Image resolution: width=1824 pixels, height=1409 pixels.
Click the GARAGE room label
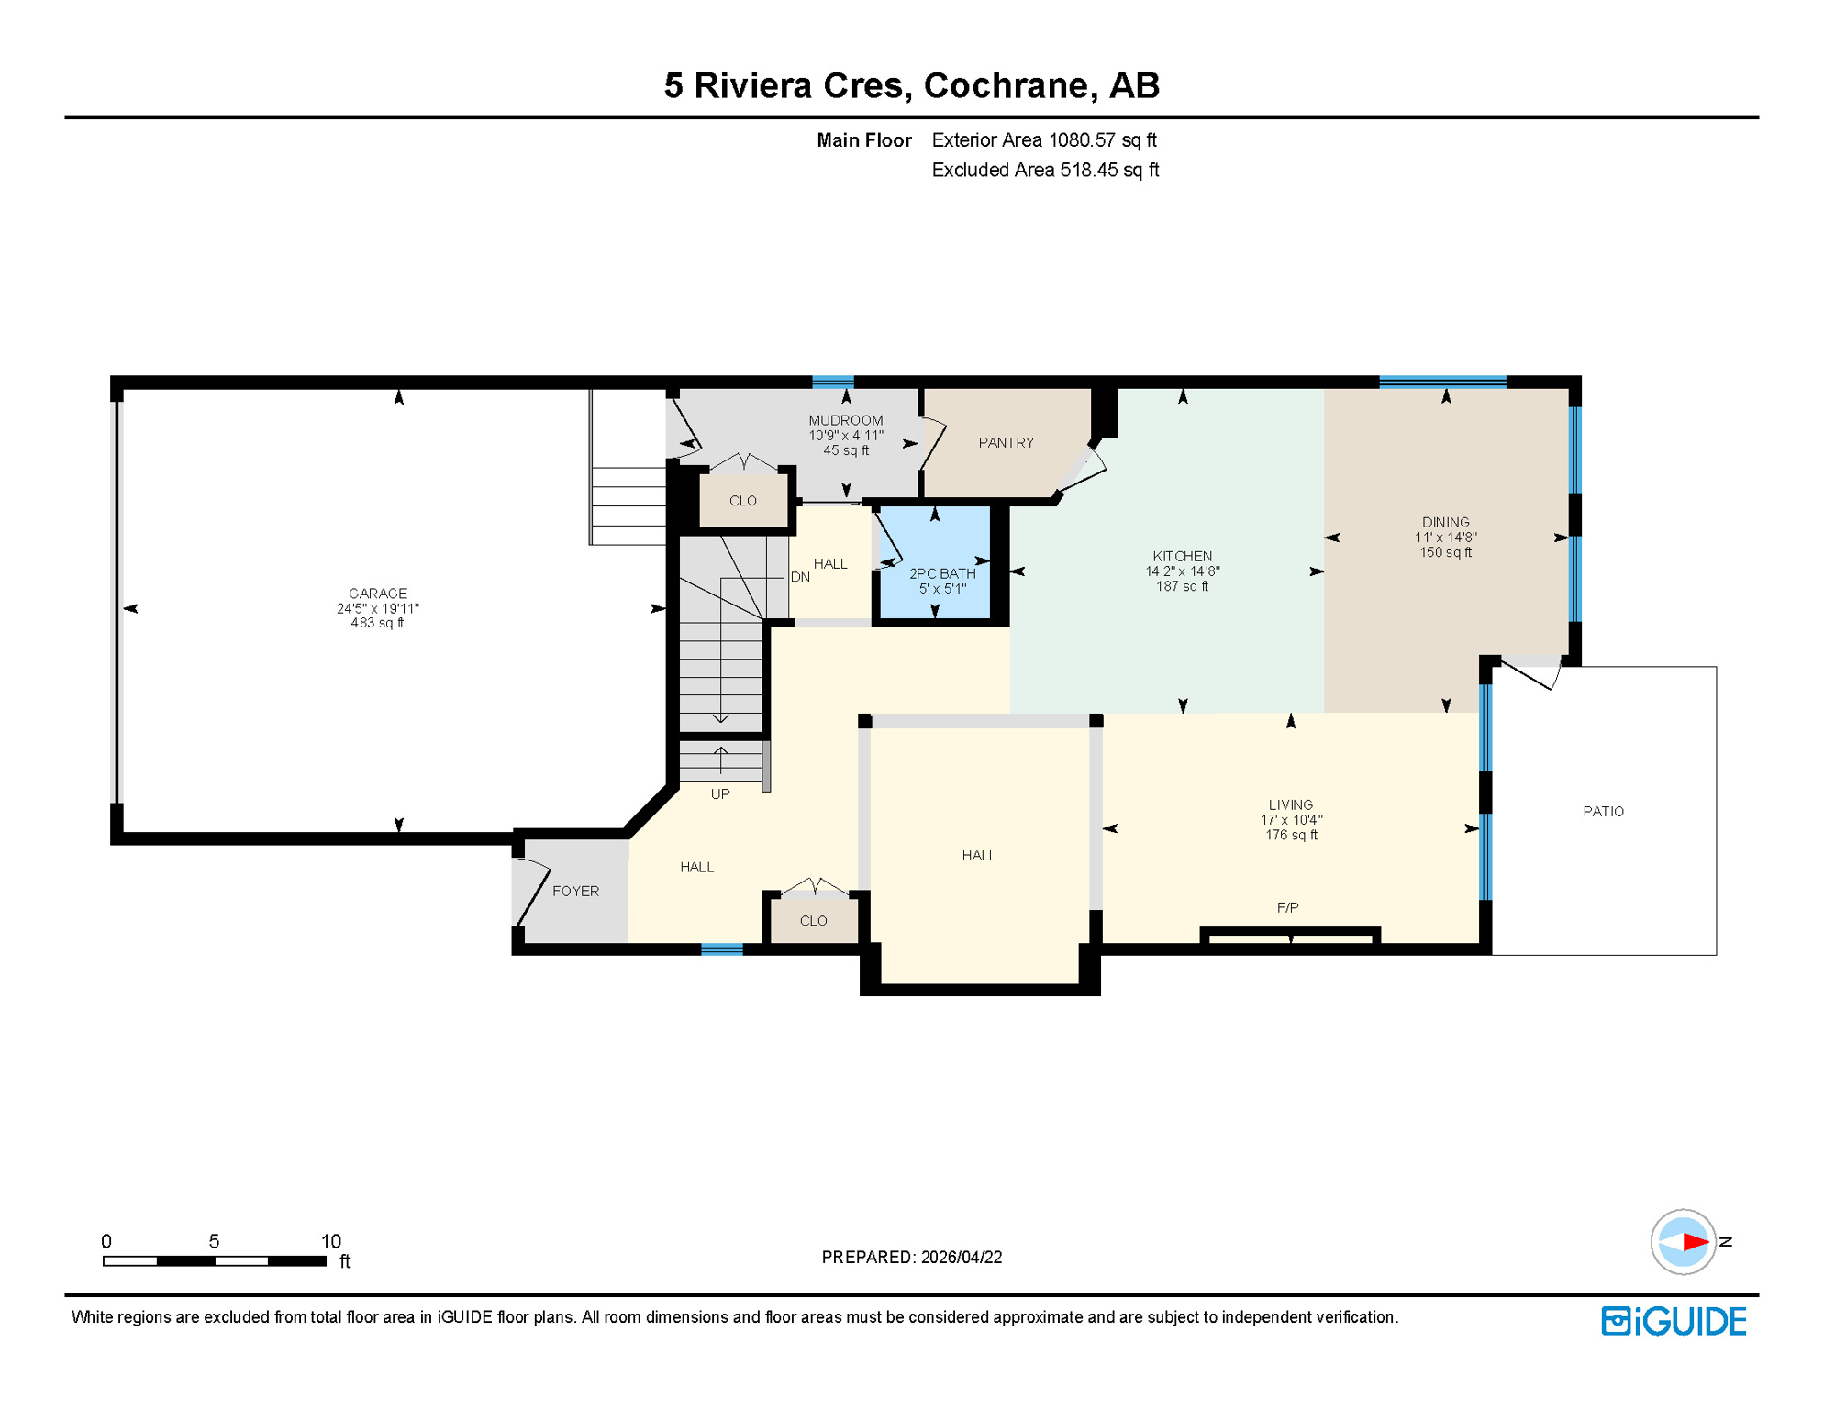(x=377, y=594)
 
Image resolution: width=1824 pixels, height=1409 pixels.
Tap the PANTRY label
(x=1006, y=443)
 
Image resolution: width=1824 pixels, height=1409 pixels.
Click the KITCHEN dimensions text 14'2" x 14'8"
(x=1182, y=571)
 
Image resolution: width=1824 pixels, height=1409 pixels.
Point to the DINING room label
(x=1445, y=522)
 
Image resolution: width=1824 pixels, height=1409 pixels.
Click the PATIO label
(x=1603, y=812)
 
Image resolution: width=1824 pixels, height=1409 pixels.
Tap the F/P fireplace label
(x=1287, y=908)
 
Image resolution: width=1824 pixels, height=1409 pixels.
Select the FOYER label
(x=575, y=892)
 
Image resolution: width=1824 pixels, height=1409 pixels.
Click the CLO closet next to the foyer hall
(x=813, y=921)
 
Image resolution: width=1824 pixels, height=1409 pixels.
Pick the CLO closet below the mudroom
(x=742, y=501)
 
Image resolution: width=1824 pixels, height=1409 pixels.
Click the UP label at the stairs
(x=720, y=794)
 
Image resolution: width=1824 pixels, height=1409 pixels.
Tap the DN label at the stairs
(x=800, y=577)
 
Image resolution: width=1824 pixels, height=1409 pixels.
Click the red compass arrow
(x=1694, y=1242)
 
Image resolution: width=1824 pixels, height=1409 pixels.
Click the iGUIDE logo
(x=1674, y=1321)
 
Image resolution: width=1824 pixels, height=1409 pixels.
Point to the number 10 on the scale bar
(x=330, y=1241)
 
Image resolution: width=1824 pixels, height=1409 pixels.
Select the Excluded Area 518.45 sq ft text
(x=1045, y=171)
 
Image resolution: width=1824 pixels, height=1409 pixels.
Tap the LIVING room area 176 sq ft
(x=1291, y=836)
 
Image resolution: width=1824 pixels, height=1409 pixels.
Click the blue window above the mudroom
(x=833, y=383)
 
